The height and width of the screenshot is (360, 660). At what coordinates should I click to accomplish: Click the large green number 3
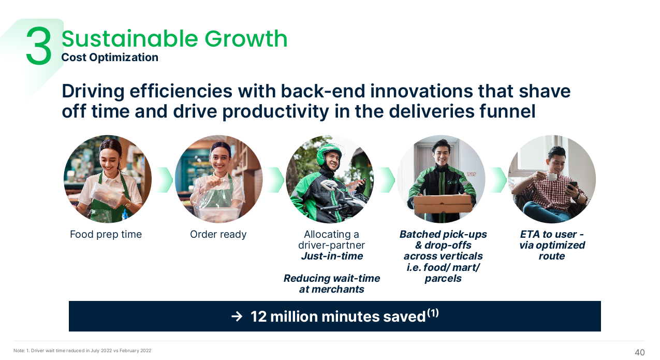[39, 46]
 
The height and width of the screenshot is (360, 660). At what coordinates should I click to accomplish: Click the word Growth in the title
[246, 39]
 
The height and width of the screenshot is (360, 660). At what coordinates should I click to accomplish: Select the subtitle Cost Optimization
[110, 57]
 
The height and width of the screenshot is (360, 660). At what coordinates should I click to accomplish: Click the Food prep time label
[106, 235]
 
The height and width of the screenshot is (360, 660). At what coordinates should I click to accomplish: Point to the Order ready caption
[218, 235]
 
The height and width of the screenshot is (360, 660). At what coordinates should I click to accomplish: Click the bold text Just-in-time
[332, 256]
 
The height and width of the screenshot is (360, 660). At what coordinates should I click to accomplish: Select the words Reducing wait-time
[332, 278]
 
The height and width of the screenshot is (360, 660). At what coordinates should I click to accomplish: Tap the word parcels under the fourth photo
[443, 279]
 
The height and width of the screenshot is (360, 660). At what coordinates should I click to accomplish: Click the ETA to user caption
[552, 234]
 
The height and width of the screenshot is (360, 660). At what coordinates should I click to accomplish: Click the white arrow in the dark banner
[237, 316]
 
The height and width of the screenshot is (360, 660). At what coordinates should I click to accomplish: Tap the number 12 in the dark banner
[258, 316]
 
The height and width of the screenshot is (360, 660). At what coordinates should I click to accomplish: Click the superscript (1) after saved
[433, 312]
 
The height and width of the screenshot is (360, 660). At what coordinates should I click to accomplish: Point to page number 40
[640, 352]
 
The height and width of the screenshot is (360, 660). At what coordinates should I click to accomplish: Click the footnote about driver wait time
[82, 351]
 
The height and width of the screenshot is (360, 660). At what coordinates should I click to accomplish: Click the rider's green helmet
[327, 153]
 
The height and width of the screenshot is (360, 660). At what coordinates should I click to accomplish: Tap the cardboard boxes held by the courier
[443, 204]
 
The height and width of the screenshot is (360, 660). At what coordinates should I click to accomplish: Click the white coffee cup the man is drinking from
[552, 177]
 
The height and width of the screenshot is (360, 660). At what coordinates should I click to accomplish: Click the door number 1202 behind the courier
[472, 174]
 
